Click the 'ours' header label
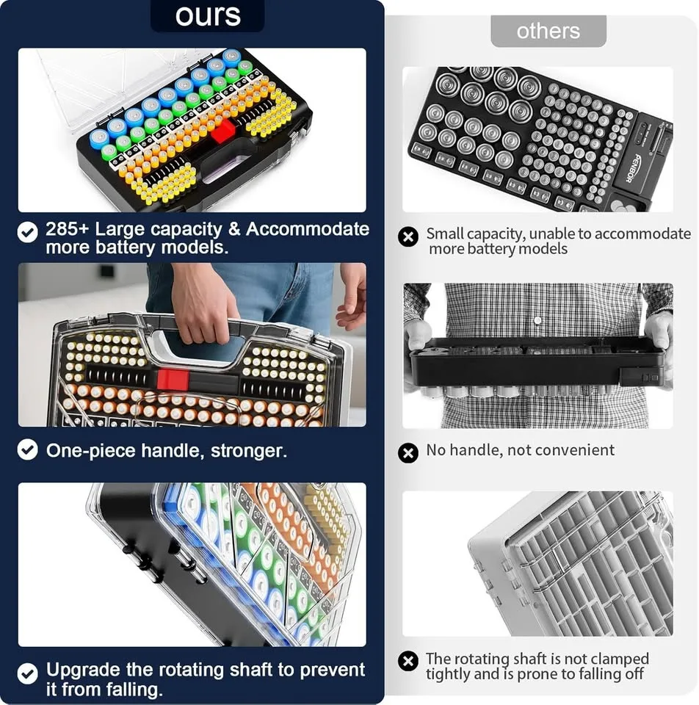pos(208,15)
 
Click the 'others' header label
pos(548,31)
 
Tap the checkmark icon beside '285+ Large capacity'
pos(28,233)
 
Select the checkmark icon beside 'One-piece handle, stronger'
pos(28,450)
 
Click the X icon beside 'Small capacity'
pos(408,237)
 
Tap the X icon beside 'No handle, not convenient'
pos(408,452)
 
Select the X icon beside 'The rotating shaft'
pos(408,662)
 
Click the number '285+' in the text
pos(66,229)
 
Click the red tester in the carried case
pos(173,380)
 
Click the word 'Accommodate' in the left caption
pos(308,229)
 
